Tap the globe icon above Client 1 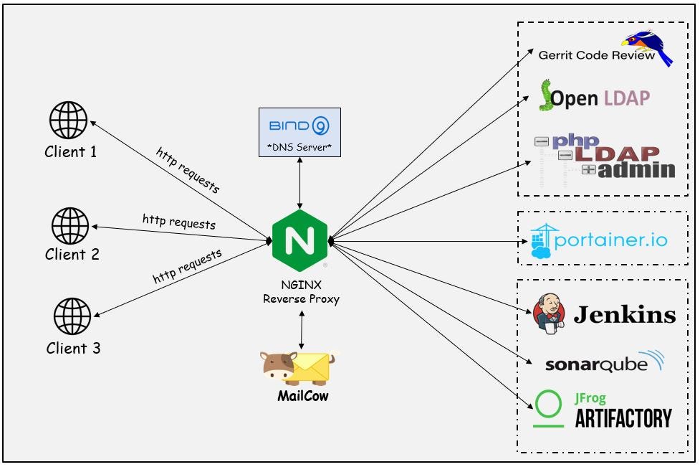click(x=69, y=120)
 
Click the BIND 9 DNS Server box click(x=299, y=133)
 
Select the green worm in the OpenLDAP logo click(x=546, y=95)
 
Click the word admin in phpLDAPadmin click(x=636, y=170)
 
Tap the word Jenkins click(x=624, y=315)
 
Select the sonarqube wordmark click(x=596, y=364)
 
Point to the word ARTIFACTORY click(x=623, y=418)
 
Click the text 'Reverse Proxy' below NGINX click(x=301, y=298)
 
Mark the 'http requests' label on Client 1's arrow click(x=188, y=171)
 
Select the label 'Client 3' click(x=74, y=349)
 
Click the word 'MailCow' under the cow click(x=302, y=395)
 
